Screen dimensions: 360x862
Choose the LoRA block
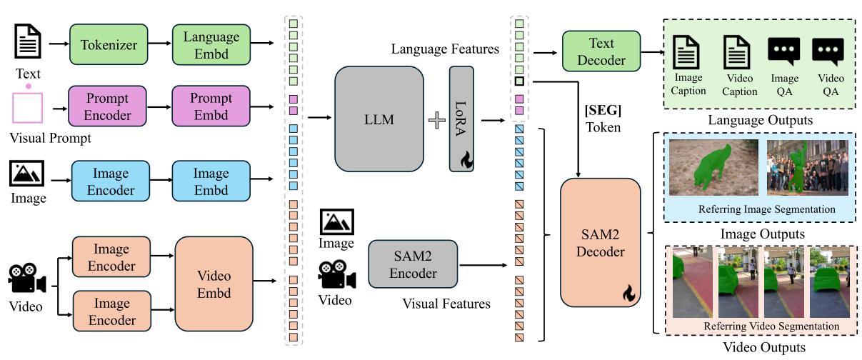point(461,119)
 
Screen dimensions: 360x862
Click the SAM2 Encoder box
point(413,264)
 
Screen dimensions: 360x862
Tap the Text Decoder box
point(601,51)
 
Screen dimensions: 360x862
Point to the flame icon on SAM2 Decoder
point(628,293)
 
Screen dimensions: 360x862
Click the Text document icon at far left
point(29,41)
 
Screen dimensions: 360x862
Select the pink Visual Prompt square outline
point(29,110)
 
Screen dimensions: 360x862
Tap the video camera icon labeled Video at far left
point(27,279)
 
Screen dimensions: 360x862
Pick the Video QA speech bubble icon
point(828,52)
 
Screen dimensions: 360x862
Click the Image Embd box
point(211,181)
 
